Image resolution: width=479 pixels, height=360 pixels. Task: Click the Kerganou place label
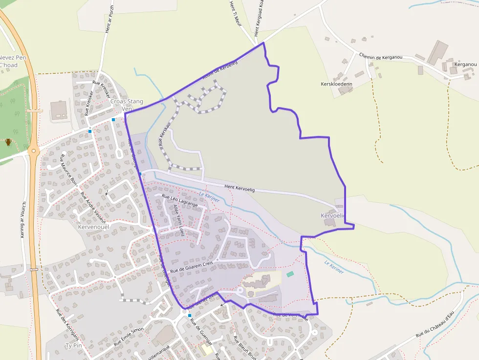click(465, 64)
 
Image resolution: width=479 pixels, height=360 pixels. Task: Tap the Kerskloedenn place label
click(337, 84)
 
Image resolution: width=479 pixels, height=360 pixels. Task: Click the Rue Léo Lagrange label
click(179, 201)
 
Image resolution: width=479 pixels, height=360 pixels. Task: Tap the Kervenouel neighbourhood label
click(92, 227)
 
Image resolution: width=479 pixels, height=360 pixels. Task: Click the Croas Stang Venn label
click(127, 105)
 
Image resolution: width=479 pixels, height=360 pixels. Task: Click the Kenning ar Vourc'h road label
click(23, 220)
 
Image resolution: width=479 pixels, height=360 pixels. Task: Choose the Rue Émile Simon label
click(129, 337)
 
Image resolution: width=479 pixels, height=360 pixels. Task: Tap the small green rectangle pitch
click(290, 274)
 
